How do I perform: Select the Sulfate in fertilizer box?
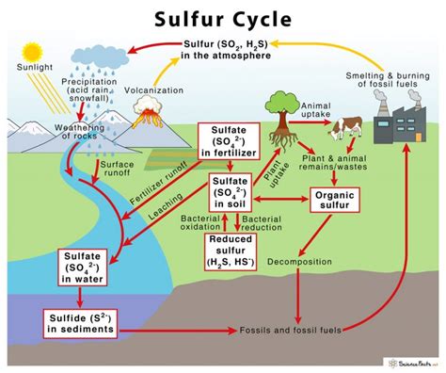click(x=231, y=143)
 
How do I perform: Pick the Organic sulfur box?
click(x=337, y=201)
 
